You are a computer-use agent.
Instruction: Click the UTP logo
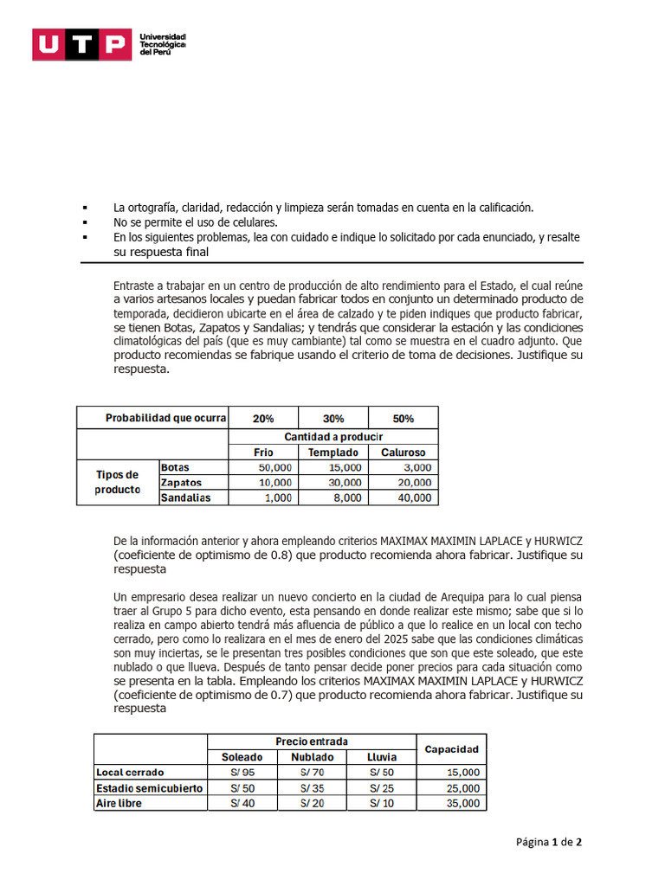coord(77,45)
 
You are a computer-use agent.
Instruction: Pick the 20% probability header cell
coord(263,418)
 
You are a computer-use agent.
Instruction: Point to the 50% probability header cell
coord(403,418)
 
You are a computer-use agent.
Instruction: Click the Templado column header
coord(333,453)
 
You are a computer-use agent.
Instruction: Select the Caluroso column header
coord(403,453)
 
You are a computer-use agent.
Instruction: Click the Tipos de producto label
coord(118,482)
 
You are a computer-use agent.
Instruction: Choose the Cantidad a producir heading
coord(333,437)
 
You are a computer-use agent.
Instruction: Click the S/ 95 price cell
coord(242,772)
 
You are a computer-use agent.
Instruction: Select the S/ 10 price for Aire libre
coord(381,803)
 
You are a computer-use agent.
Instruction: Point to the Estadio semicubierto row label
coord(150,787)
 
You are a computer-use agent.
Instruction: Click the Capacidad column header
coord(451,748)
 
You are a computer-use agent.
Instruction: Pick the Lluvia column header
coord(381,757)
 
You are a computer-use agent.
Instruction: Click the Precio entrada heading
coord(312,742)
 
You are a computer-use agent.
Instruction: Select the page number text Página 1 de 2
coord(549,842)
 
